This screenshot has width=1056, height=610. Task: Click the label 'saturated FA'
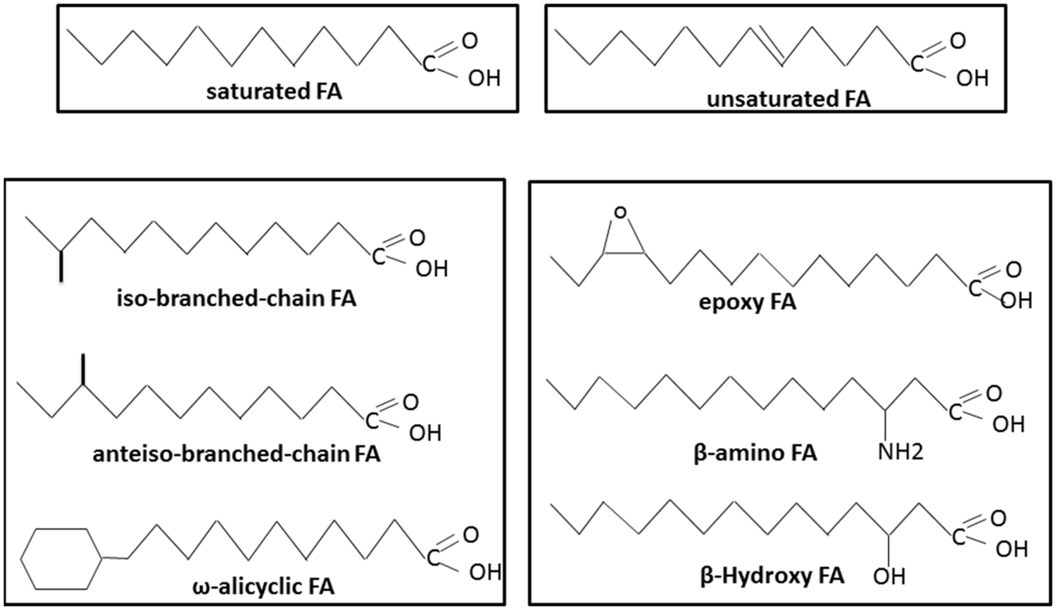pyautogui.click(x=274, y=92)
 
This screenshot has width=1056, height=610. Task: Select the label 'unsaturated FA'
pyautogui.click(x=788, y=99)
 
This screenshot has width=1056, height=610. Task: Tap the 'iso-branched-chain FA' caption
pyautogui.click(x=237, y=299)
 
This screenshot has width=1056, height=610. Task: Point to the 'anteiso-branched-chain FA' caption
pyautogui.click(x=236, y=454)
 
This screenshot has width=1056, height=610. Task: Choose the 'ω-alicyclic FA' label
pyautogui.click(x=263, y=586)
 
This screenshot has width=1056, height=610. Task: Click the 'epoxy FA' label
pyautogui.click(x=747, y=302)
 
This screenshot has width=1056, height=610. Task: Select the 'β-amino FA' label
pyautogui.click(x=755, y=452)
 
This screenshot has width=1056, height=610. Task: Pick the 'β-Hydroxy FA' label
pyautogui.click(x=772, y=575)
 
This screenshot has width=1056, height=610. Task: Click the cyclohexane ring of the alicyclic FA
pyautogui.click(x=62, y=559)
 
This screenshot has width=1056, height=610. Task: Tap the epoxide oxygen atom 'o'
pyautogui.click(x=620, y=212)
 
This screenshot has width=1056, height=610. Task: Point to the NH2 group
pyautogui.click(x=900, y=452)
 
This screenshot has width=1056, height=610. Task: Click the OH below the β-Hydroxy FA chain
pyautogui.click(x=889, y=576)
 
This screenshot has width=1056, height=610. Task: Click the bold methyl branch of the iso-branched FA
pyautogui.click(x=61, y=266)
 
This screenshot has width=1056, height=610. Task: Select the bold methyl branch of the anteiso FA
pyautogui.click(x=83, y=369)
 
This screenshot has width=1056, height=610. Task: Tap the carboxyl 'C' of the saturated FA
pyautogui.click(x=429, y=65)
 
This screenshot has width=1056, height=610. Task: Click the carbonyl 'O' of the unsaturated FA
pyautogui.click(x=957, y=41)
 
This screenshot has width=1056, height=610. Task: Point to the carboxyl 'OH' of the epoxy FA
pyautogui.click(x=1016, y=301)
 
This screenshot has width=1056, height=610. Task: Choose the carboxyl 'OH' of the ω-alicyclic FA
pyautogui.click(x=485, y=572)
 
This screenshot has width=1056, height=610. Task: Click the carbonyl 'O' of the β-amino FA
pyautogui.click(x=993, y=393)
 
